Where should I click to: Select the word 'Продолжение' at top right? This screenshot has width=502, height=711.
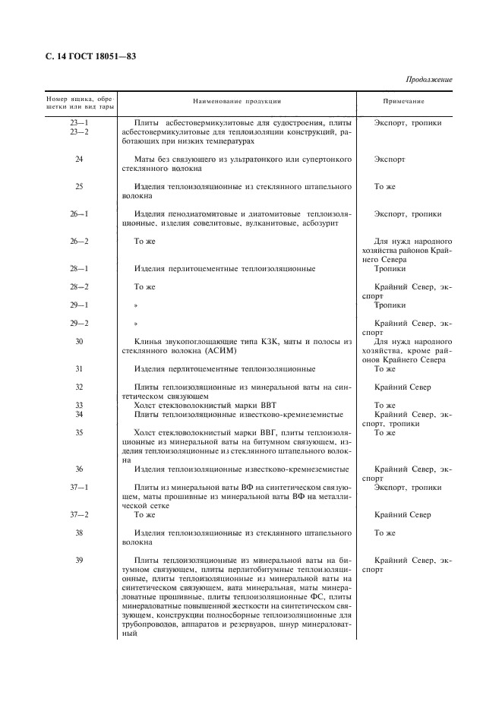pos(429,79)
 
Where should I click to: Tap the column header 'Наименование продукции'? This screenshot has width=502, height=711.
pos(237,101)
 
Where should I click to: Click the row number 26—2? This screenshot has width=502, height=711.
pos(79,242)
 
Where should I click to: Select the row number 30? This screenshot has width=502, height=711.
pos(79,342)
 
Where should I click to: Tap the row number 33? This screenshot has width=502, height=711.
pos(79,406)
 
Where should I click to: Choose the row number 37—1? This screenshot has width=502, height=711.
pos(79,487)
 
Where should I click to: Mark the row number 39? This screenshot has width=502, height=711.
pos(79,560)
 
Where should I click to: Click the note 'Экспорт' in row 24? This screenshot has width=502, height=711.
pos(390,160)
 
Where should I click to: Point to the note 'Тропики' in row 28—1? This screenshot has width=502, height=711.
pos(390,269)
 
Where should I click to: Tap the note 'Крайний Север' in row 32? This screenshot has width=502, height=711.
pos(403,387)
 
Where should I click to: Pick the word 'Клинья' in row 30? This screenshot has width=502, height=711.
pos(147,342)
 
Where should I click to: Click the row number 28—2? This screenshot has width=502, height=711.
pos(79,287)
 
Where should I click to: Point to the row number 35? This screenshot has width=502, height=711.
pos(79,433)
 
